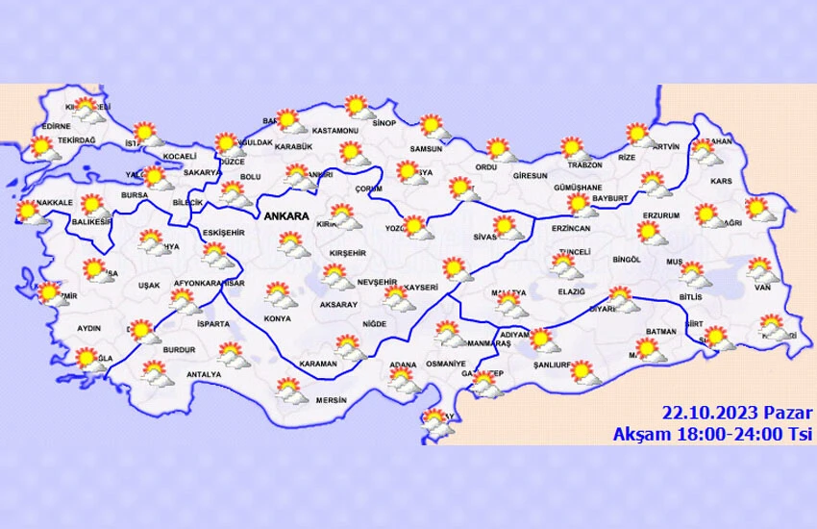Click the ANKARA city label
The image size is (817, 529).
tap(285, 216)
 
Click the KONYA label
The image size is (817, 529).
tap(277, 318)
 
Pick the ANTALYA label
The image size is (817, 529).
tap(204, 374)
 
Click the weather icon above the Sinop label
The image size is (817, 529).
tap(358, 107)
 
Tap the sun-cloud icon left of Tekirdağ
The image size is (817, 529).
tap(41, 147)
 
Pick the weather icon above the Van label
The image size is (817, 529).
tap(759, 268)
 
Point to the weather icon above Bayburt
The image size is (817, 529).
tap(579, 203)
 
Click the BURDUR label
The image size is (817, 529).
tap(179, 350)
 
